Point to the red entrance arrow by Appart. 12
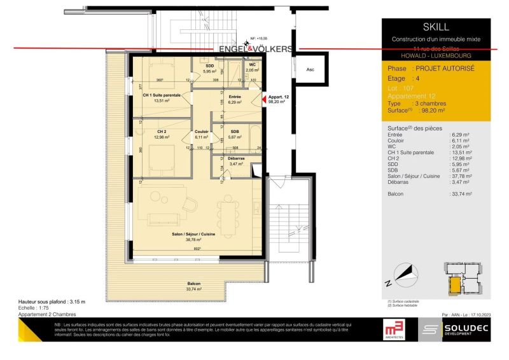point(264,99)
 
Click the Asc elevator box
point(310,69)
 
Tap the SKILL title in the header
point(435,27)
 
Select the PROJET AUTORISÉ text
point(443,67)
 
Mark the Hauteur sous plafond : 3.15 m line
point(52,301)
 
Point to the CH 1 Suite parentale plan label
point(161,95)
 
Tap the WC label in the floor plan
point(253,65)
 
